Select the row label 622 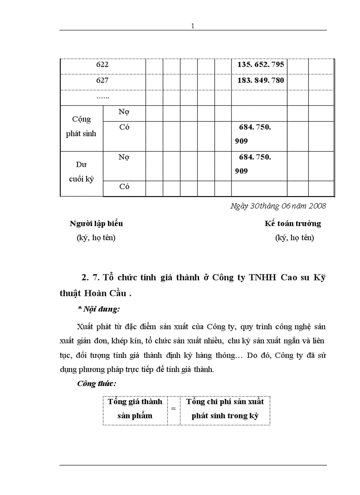click(x=102, y=64)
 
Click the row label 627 click(x=102, y=80)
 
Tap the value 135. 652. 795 click(x=260, y=64)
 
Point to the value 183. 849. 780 click(x=260, y=80)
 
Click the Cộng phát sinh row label click(x=82, y=127)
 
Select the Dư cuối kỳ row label click(x=82, y=172)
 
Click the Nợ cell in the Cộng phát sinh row click(x=124, y=112)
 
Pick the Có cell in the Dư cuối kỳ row click(x=124, y=186)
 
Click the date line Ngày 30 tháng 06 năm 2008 click(x=278, y=205)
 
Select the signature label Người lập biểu click(x=96, y=223)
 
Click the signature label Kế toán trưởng click(x=293, y=223)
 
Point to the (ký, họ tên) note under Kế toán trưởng click(x=294, y=238)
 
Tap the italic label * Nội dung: click(x=98, y=309)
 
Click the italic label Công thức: click(x=97, y=383)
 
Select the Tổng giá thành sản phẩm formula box click(x=135, y=409)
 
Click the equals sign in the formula click(x=173, y=409)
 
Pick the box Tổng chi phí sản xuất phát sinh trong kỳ click(x=225, y=409)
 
